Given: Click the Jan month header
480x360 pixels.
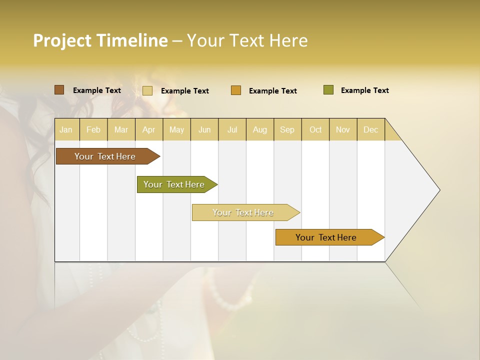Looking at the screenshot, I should pyautogui.click(x=66, y=129).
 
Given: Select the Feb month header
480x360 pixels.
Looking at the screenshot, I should pyautogui.click(x=93, y=129).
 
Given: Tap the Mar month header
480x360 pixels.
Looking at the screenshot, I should pyautogui.click(x=121, y=129).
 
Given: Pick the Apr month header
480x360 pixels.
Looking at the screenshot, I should pyautogui.click(x=148, y=129).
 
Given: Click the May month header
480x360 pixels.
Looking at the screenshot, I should pyautogui.click(x=176, y=129).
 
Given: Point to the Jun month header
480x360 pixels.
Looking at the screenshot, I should pyautogui.click(x=204, y=129).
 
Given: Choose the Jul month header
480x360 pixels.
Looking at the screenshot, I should pyautogui.click(x=232, y=129).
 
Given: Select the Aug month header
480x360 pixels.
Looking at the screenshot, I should pyautogui.click(x=260, y=129).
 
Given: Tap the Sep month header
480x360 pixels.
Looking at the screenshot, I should pyautogui.click(x=287, y=129).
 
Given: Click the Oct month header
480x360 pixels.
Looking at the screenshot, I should pyautogui.click(x=315, y=129).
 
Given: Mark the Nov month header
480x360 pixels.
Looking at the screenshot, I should pyautogui.click(x=343, y=129).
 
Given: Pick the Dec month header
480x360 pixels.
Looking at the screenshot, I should pyautogui.click(x=370, y=129).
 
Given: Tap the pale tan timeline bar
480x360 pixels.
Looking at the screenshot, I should pyautogui.click(x=243, y=212).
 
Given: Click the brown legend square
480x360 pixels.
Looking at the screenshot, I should pyautogui.click(x=59, y=90).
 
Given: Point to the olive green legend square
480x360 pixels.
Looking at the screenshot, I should pyautogui.click(x=328, y=90).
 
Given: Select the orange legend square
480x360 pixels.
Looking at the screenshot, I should pyautogui.click(x=236, y=90).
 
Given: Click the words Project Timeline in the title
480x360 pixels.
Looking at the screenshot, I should pyautogui.click(x=100, y=40).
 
